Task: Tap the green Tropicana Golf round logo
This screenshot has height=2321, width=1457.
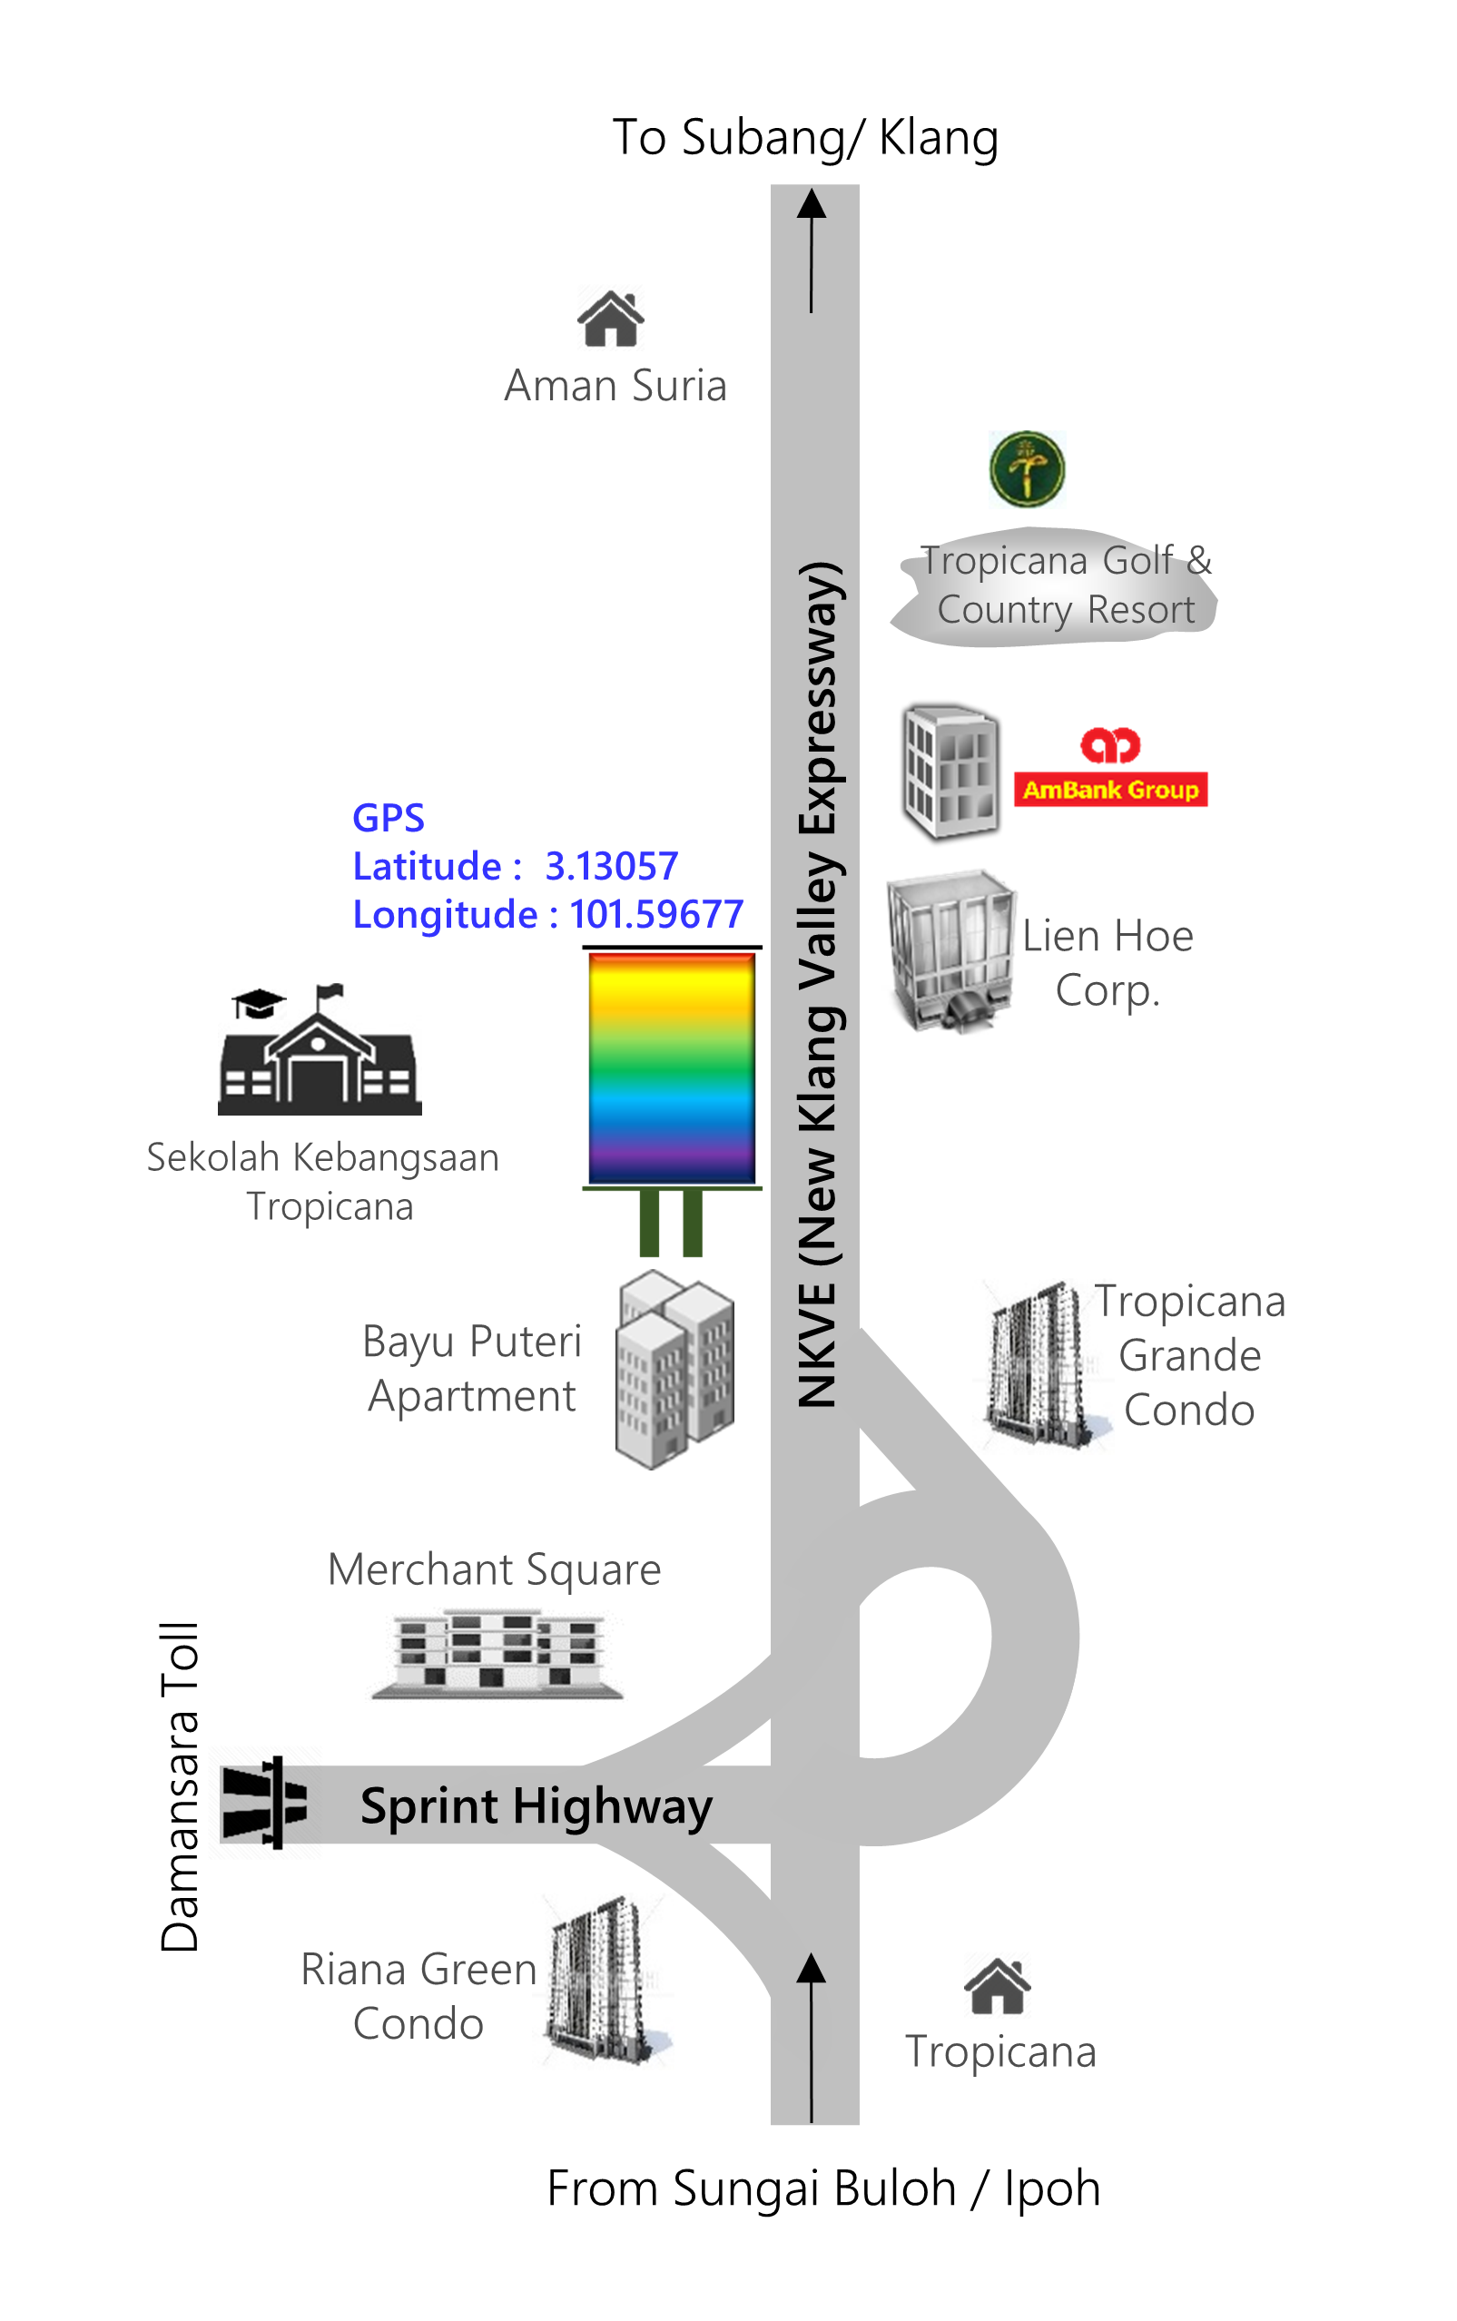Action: (x=1027, y=469)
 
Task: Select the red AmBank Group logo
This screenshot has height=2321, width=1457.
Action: (x=1110, y=767)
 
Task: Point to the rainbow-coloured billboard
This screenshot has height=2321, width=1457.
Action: (x=672, y=1068)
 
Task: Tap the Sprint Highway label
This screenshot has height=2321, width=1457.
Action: (x=536, y=1805)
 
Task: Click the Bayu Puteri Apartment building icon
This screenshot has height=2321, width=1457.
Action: (x=674, y=1368)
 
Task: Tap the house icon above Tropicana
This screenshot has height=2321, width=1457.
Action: (x=997, y=1987)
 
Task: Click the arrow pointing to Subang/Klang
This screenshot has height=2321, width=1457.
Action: (x=812, y=251)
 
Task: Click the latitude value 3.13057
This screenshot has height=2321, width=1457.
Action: (x=611, y=866)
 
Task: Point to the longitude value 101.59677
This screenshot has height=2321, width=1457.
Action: (x=656, y=914)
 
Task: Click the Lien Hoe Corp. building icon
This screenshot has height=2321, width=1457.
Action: (x=950, y=951)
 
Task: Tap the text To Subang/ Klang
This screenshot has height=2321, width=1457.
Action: (x=804, y=137)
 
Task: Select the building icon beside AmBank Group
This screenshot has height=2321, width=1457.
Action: (x=950, y=771)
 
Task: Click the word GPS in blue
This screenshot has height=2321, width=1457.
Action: (x=389, y=818)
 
